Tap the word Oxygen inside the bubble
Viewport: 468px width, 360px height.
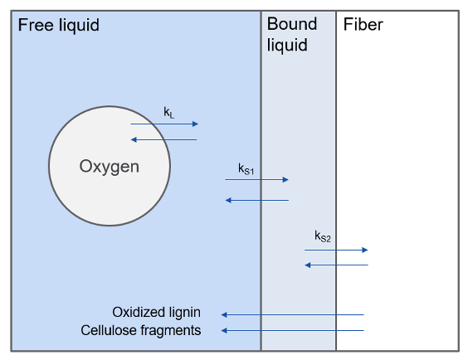point(109,166)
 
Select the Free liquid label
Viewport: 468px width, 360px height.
point(58,25)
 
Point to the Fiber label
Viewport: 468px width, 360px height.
point(363,25)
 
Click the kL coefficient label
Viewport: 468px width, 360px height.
point(168,111)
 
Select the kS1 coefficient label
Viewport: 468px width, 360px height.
point(246,169)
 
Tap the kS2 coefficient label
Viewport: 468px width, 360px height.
point(323,236)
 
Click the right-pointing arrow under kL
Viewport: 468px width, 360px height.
point(164,124)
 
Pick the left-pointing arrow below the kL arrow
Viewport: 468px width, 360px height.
point(164,139)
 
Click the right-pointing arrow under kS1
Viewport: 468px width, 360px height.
point(257,179)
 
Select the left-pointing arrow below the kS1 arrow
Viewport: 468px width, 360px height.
point(257,200)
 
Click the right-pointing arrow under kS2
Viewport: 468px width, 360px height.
point(336,249)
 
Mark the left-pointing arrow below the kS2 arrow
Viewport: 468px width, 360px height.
point(336,265)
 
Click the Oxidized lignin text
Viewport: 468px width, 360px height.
point(156,313)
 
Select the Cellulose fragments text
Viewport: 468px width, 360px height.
point(140,330)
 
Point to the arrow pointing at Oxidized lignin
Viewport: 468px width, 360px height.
point(292,314)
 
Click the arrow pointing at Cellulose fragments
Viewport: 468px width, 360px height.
point(292,331)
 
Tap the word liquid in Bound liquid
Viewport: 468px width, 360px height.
point(287,45)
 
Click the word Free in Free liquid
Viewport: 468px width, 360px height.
point(34,25)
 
